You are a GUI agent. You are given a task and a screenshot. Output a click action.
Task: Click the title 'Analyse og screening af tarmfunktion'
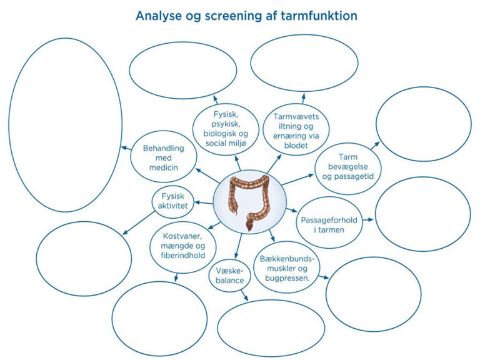[246, 16]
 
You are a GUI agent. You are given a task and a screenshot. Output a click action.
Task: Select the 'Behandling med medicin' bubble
[160, 156]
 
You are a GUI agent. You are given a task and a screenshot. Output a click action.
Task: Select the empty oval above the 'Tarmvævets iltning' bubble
[304, 64]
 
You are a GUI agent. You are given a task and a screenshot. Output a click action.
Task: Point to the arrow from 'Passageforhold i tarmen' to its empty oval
[367, 219]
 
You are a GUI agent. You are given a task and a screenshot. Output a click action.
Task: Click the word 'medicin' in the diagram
[161, 167]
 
